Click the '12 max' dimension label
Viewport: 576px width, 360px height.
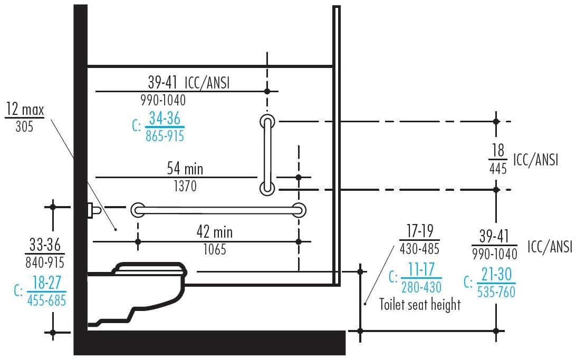[x=24, y=110]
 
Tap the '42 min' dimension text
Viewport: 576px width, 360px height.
[x=214, y=232]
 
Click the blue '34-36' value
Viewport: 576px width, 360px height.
[x=165, y=119]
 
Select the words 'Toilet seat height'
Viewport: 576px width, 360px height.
[x=420, y=304]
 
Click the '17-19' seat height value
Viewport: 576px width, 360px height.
[x=420, y=230]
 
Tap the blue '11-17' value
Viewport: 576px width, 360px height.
[x=420, y=270]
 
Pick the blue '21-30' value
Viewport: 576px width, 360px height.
[x=496, y=275]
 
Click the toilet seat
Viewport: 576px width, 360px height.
[x=151, y=269]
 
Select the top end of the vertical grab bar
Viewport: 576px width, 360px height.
[x=267, y=121]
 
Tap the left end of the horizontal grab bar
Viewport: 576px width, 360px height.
[x=138, y=209]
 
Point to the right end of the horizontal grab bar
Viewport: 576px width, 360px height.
[x=299, y=209]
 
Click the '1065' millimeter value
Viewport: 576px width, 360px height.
[x=215, y=249]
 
